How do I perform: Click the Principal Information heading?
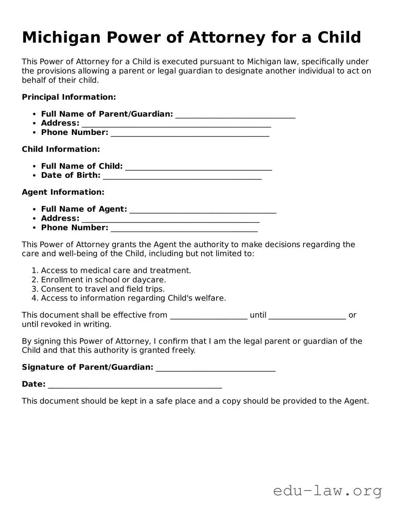69,97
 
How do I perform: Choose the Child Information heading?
61,149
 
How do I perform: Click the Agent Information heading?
63,192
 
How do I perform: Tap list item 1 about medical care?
116,271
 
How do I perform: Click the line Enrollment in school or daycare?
103,280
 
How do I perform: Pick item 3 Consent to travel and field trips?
103,289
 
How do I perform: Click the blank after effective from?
209,316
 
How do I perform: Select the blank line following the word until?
307,316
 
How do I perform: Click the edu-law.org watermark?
327,491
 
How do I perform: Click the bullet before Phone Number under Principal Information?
34,133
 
